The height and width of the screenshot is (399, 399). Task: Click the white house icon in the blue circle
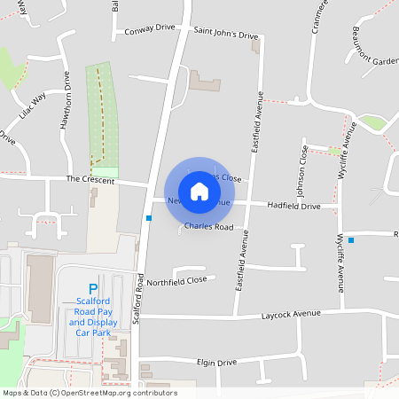tap(199, 191)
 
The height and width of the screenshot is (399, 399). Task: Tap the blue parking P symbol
tap(92, 288)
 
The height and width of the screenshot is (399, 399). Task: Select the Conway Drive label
tap(151, 28)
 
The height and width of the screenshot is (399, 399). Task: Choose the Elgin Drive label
tap(216, 363)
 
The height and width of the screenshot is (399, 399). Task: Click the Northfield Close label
tap(176, 280)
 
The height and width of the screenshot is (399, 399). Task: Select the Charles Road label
tap(208, 227)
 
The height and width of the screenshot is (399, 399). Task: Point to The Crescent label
tap(85, 178)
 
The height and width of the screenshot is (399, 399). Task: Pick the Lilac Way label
tap(32, 106)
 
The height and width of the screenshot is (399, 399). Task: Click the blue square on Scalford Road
tap(149, 218)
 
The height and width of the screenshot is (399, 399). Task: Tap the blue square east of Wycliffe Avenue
tap(351, 239)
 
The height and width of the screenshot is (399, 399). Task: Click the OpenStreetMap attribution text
tap(90, 393)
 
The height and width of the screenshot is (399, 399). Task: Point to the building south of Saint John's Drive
tap(205, 84)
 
